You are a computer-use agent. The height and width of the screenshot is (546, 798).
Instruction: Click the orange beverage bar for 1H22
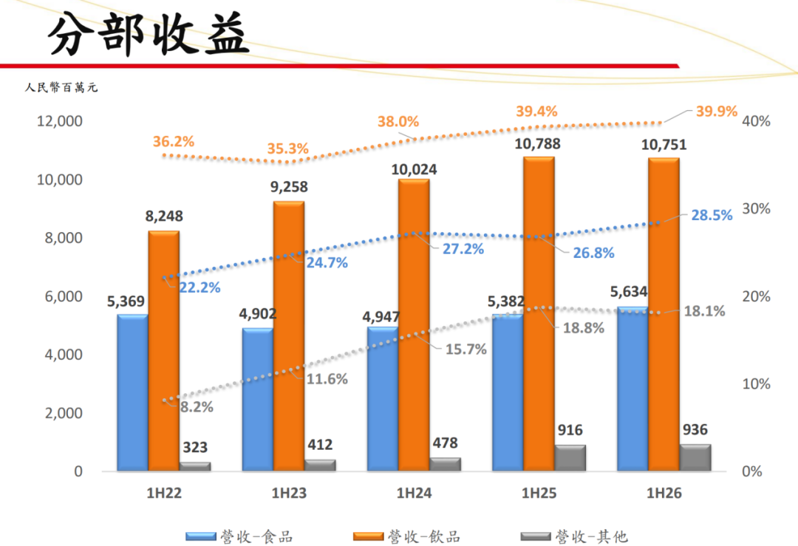pos(164,351)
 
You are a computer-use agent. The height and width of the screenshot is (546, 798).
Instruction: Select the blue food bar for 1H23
pos(258,400)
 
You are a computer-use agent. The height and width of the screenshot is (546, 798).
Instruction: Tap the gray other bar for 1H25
pos(570,458)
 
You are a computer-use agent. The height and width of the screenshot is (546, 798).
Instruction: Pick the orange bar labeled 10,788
pos(539,314)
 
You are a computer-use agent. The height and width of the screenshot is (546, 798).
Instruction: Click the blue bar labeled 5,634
pos(632,389)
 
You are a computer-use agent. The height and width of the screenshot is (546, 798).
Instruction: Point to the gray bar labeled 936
pos(695,457)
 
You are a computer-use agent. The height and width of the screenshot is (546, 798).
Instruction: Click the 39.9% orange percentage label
pos(717,111)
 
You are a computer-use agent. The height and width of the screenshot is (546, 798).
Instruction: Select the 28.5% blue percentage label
pos(712,215)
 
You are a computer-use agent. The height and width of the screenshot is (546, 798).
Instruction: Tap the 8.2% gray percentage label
pos(197,407)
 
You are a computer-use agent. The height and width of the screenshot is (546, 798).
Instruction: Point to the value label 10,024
pos(414,169)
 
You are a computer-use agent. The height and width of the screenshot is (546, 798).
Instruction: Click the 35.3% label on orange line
pos(287,149)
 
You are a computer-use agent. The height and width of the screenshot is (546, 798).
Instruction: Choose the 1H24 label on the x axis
pos(414,493)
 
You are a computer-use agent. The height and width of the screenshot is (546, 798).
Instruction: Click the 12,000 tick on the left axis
pos(60,121)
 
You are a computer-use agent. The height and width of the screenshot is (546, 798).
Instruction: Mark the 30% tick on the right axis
pos(756,208)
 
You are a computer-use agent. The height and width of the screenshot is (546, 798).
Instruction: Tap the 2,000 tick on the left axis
pos(64,413)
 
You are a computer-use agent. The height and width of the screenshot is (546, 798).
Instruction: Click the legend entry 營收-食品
pos(239,536)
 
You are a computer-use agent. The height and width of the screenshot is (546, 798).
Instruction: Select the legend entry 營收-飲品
pos(406,536)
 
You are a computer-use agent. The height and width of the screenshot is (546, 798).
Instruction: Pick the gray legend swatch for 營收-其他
pos(536,536)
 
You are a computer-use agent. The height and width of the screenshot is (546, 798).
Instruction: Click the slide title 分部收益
pos(148,33)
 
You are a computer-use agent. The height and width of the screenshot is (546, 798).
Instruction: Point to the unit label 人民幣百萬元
pos(61,87)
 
